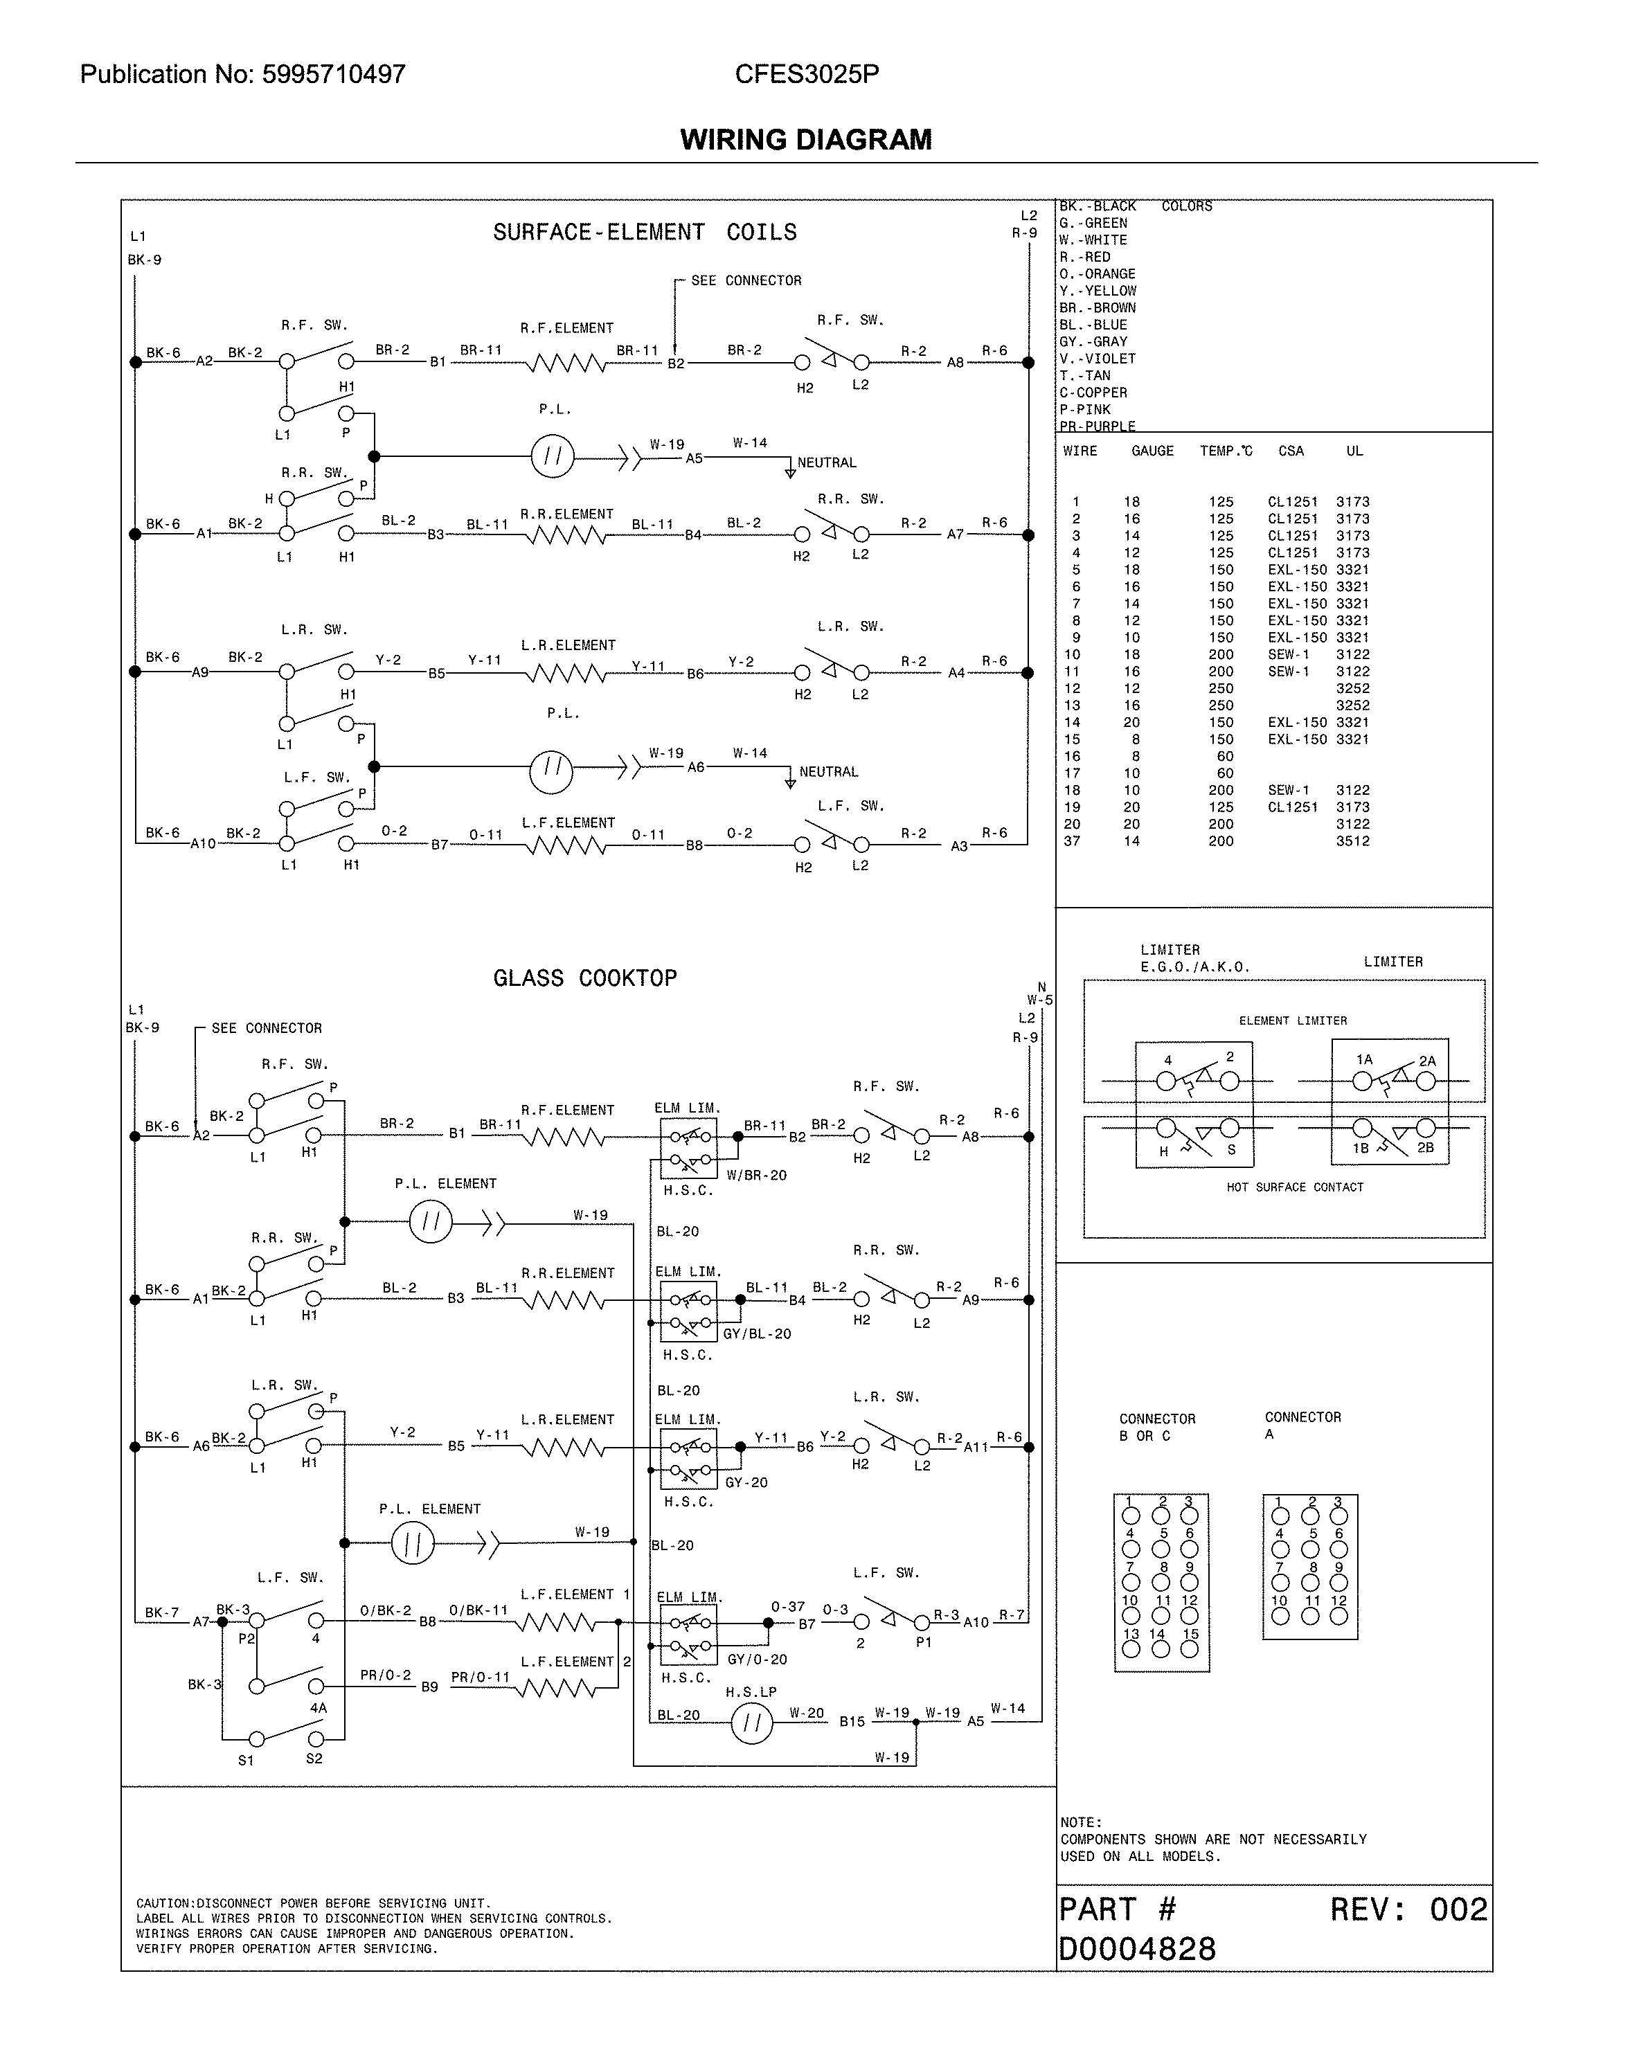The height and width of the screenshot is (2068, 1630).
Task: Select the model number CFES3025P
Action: (x=807, y=75)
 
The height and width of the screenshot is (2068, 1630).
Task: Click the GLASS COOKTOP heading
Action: (x=585, y=978)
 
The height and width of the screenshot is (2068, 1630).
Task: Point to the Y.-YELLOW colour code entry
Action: (x=1098, y=291)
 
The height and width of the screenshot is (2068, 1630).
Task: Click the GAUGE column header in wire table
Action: (x=1152, y=451)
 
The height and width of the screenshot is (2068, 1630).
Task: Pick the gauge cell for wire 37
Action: (x=1132, y=840)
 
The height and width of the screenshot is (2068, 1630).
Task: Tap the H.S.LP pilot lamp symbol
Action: (x=751, y=1723)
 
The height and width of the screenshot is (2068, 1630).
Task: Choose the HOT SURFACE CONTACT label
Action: (x=1294, y=1187)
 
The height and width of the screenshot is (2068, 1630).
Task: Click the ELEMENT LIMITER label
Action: (x=1293, y=1021)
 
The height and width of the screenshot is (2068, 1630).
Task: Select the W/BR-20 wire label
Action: (x=756, y=1176)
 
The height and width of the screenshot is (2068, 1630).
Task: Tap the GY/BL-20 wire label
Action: (x=757, y=1334)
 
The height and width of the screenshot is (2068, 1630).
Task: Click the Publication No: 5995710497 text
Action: (x=242, y=75)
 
